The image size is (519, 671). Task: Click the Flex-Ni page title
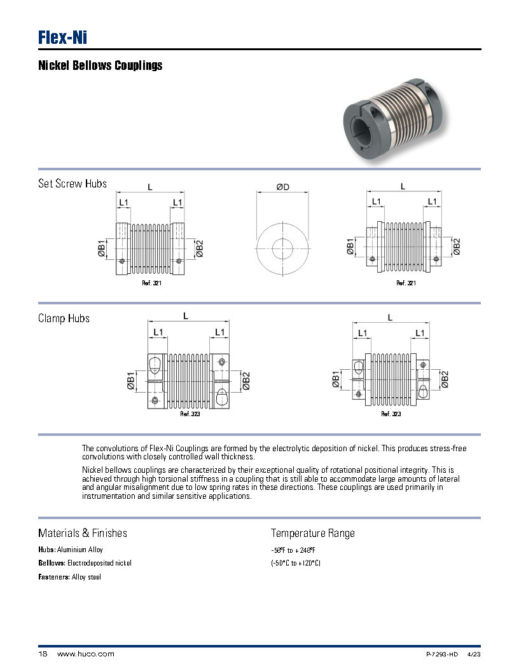pos(62,37)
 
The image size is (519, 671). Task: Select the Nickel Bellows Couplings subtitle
pos(100,65)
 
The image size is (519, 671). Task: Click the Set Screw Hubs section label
pos(73,184)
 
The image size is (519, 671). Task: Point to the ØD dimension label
pos(282,187)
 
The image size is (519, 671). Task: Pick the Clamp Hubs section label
pos(64,318)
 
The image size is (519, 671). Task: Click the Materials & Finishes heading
pos(83,533)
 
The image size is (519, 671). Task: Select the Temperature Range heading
pos(313,533)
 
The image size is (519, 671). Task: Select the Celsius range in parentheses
pos(295,563)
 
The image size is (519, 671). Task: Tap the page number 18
pos(43,654)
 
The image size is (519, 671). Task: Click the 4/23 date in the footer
pos(474,654)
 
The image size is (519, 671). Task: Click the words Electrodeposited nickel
pos(99,563)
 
